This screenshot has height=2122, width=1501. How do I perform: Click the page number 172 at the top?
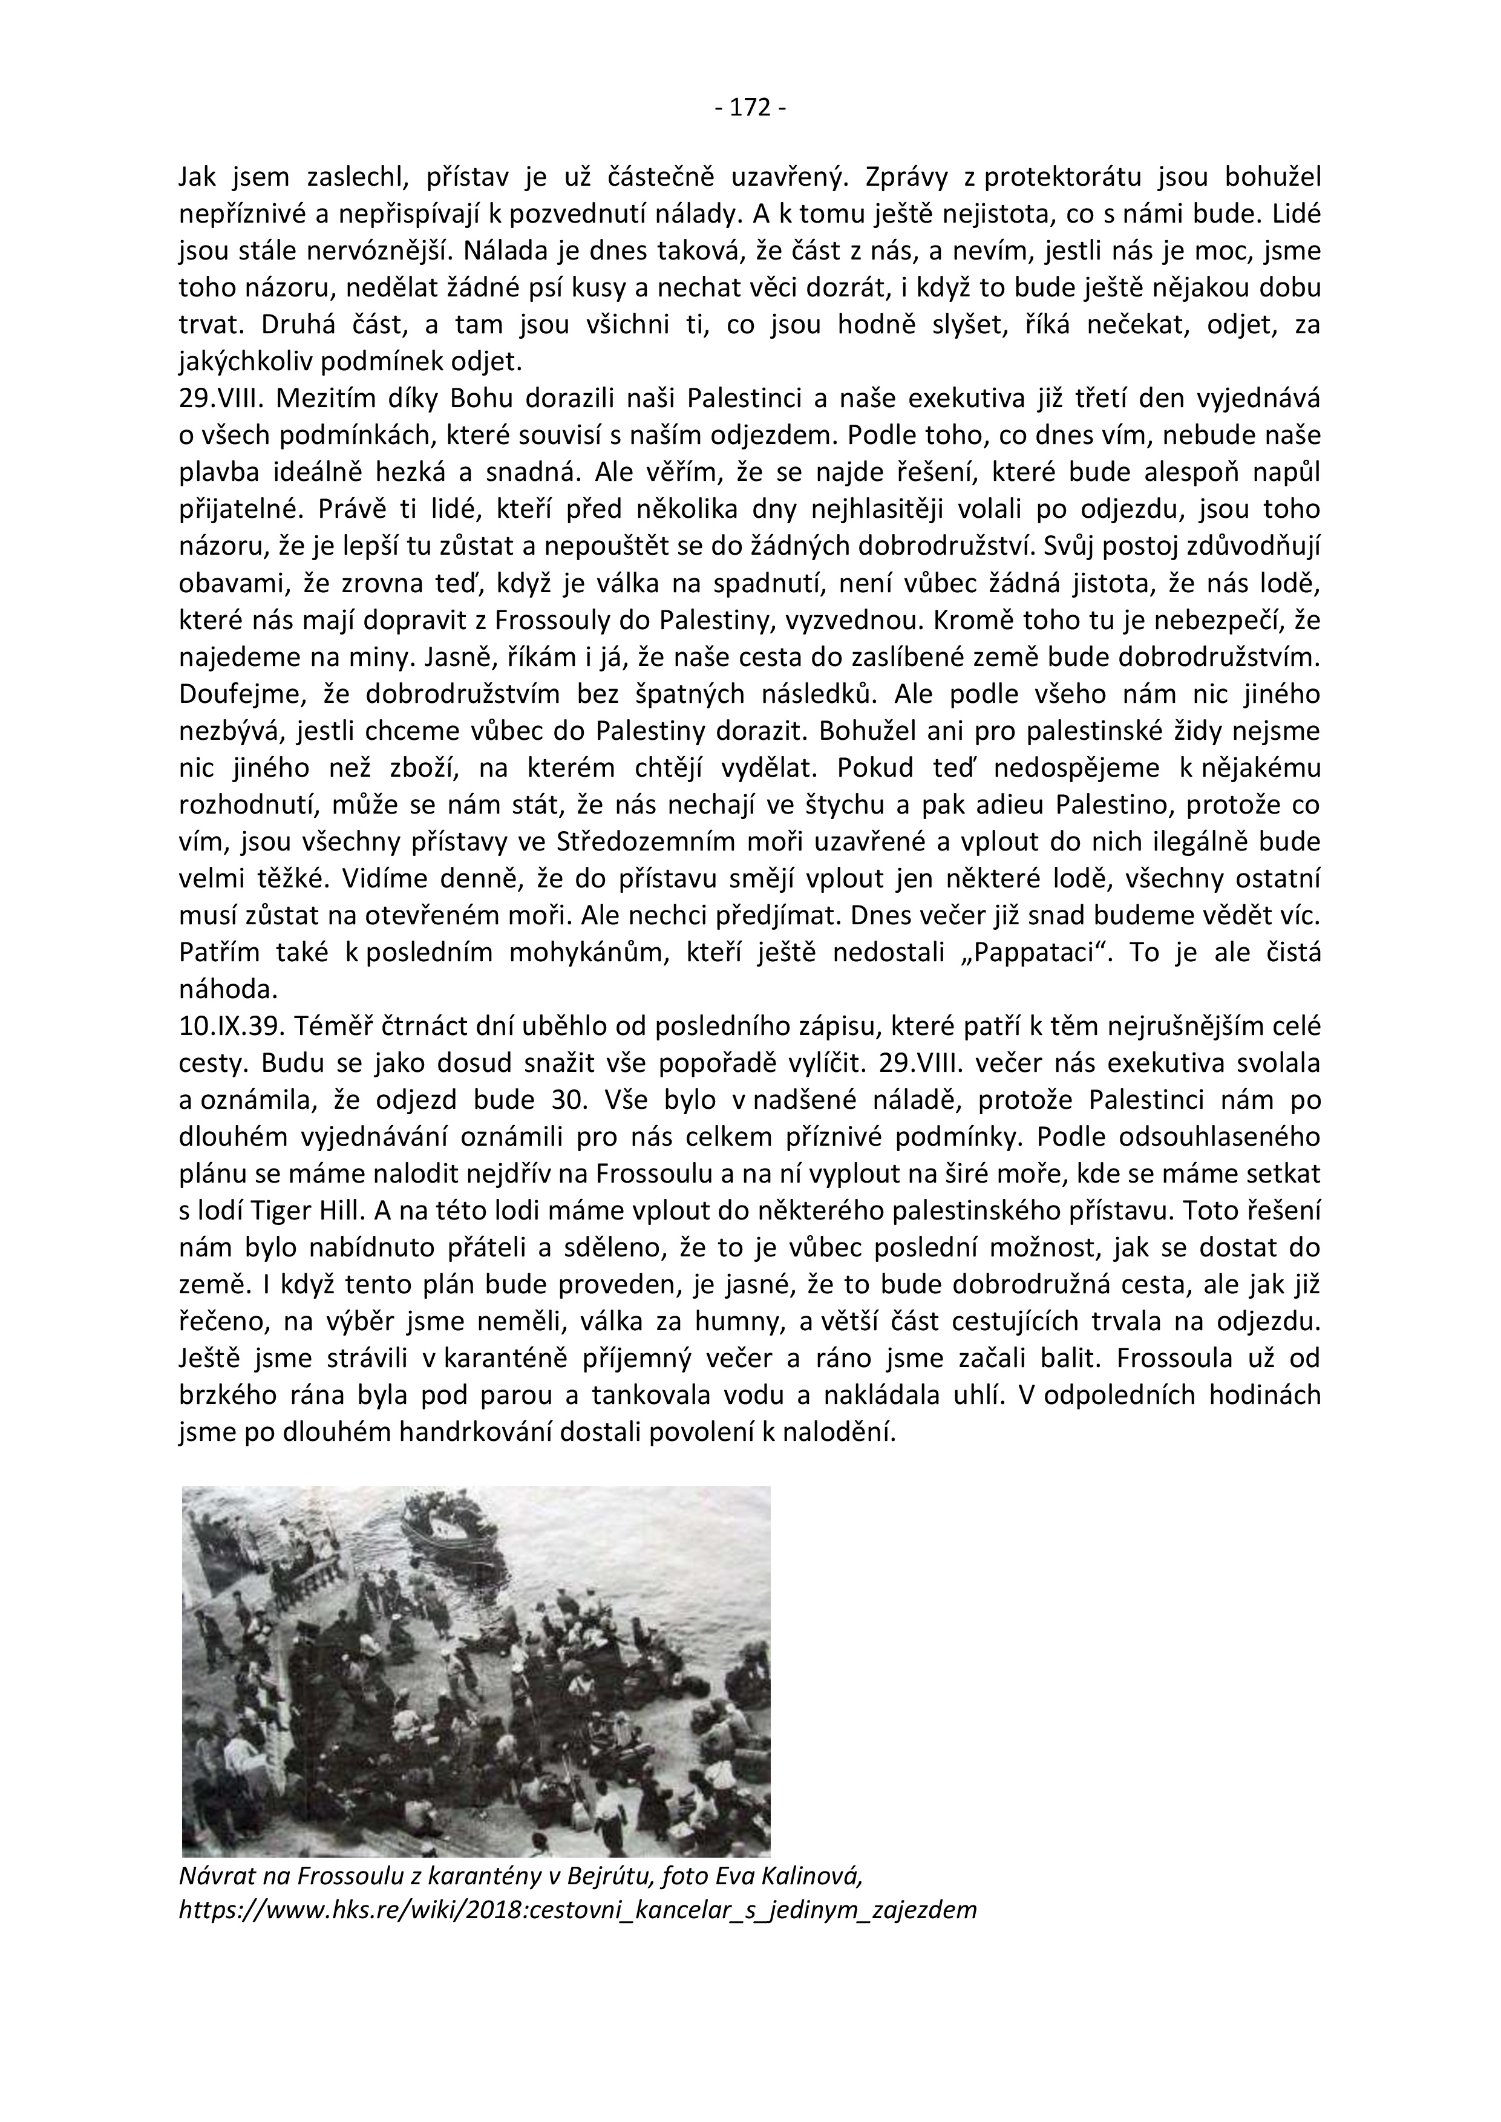click(x=750, y=108)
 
